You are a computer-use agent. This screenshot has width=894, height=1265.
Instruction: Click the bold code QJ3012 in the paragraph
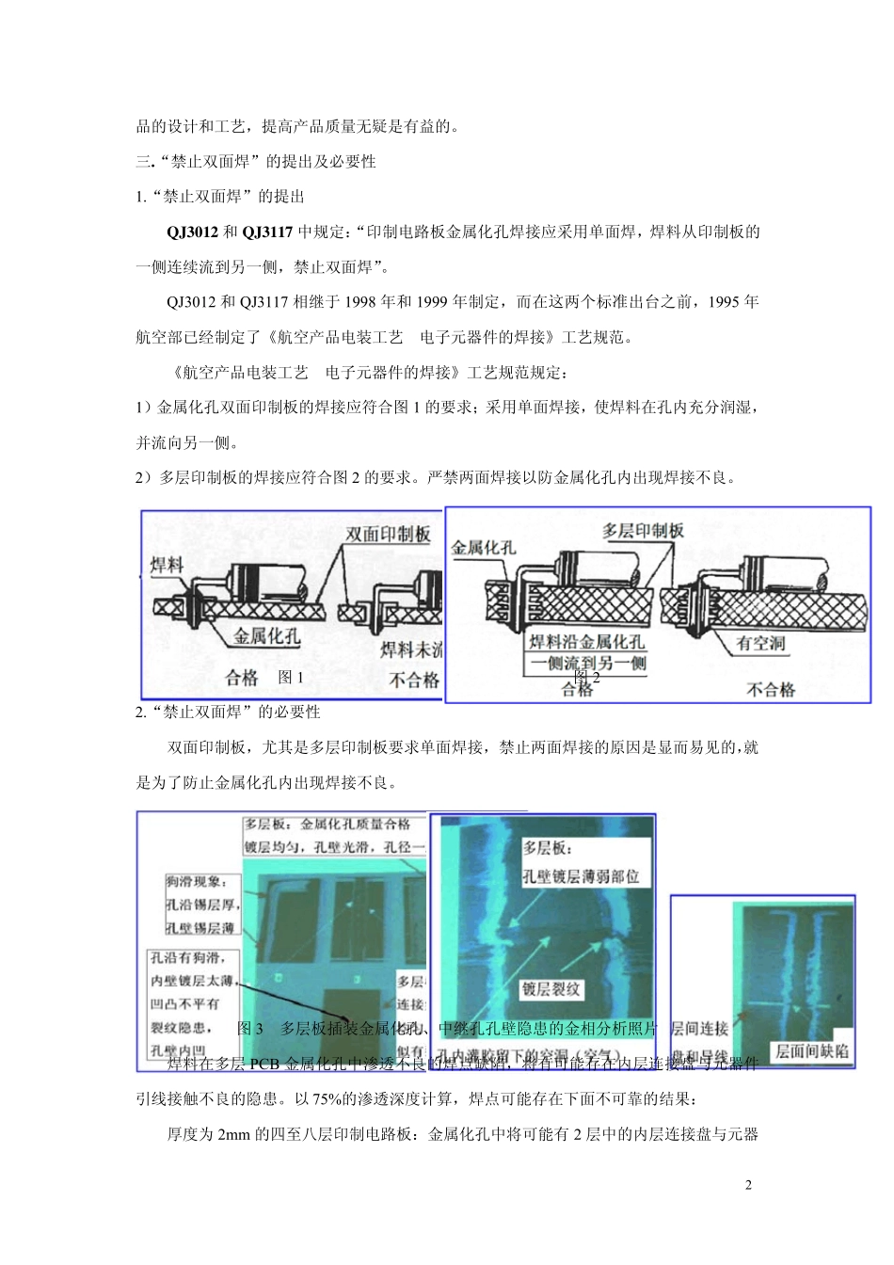192,232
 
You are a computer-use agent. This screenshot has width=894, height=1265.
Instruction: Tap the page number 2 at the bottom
748,1185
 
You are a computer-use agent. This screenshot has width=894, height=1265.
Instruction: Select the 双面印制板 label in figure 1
388,535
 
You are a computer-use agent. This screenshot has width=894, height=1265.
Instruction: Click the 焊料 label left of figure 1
168,565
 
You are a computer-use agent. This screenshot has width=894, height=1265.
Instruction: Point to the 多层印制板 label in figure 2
643,531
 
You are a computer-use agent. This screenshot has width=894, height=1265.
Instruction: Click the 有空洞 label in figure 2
760,643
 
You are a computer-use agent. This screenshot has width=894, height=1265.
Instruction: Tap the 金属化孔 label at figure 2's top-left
483,547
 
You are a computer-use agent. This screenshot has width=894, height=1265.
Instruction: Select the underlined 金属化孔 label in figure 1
267,636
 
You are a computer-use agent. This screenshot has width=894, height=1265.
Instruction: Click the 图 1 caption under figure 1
291,677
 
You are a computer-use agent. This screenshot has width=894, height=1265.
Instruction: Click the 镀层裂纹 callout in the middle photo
551,989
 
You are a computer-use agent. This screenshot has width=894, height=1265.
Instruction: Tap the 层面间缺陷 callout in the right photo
812,1050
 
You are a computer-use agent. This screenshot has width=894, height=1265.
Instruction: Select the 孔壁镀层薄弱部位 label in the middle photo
581,876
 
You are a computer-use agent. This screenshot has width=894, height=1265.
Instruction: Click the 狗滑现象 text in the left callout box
196,882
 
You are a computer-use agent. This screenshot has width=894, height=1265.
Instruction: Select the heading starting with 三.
256,162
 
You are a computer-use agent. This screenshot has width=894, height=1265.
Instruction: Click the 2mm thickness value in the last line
233,1134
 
